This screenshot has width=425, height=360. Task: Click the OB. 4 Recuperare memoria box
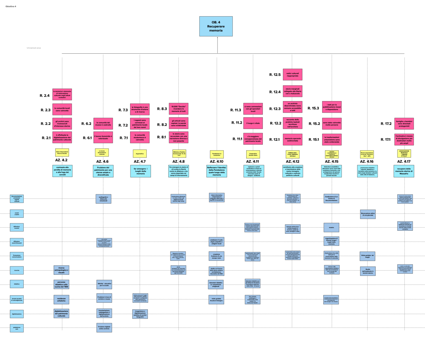[216, 26]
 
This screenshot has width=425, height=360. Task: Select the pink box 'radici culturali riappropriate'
[292, 74]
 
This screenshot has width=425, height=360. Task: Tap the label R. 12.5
[275, 75]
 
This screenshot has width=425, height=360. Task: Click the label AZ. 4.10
[217, 161]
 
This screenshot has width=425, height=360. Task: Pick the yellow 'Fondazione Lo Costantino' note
[217, 154]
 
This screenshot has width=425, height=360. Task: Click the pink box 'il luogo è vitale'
[253, 123]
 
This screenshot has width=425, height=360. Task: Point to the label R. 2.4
[45, 96]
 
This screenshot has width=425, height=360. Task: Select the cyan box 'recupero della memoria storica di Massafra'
[404, 171]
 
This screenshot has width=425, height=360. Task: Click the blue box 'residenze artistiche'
[61, 299]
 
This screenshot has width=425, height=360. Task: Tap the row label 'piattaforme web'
[17, 328]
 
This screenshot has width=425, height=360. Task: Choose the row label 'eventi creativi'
[17, 214]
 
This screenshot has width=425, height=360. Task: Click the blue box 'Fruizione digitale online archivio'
[104, 328]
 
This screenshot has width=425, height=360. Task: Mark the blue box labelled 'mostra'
[331, 227]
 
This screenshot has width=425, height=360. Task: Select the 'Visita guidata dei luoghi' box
[367, 256]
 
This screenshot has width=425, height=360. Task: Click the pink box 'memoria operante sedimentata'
[292, 139]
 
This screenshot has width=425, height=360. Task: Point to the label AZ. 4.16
[367, 161]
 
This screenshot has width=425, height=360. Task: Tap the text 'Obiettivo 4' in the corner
[11, 6]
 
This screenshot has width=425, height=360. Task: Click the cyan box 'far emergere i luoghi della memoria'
[140, 171]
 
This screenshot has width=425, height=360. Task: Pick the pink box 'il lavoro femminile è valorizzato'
[103, 137]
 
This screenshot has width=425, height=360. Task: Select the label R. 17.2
[386, 124]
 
